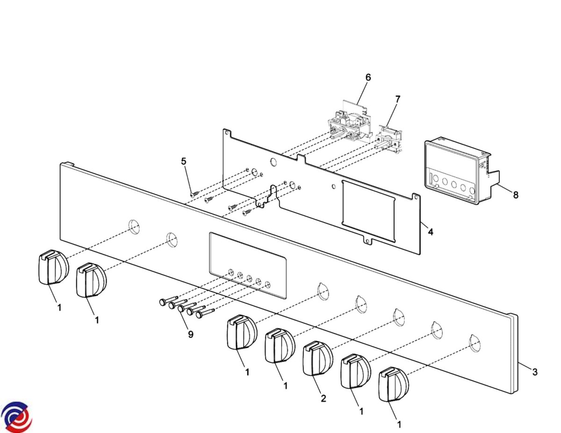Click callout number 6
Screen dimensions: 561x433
click(368, 78)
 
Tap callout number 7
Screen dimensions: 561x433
click(397, 99)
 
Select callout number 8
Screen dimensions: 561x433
click(516, 195)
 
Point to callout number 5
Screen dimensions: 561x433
click(183, 162)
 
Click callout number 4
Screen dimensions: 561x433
click(431, 232)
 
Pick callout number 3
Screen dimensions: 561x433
click(535, 372)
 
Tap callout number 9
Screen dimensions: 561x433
click(191, 334)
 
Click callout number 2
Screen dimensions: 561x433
click(323, 398)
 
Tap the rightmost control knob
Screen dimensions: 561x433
click(394, 384)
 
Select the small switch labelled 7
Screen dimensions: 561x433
click(388, 140)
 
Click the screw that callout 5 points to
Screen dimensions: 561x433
click(195, 193)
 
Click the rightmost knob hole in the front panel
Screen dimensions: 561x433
click(475, 343)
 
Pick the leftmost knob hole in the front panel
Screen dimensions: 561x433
click(134, 227)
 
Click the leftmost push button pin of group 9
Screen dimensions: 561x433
click(168, 300)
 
